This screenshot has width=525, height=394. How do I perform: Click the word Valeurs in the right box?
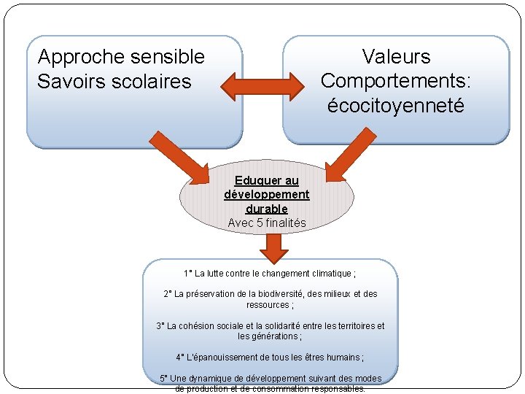point(396,57)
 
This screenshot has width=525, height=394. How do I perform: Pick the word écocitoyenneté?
point(396,106)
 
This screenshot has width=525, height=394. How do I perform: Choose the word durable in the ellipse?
point(266,209)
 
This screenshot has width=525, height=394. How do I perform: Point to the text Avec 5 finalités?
point(266,223)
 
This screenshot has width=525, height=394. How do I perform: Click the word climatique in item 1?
point(327,274)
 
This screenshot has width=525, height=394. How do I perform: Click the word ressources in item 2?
point(268,304)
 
